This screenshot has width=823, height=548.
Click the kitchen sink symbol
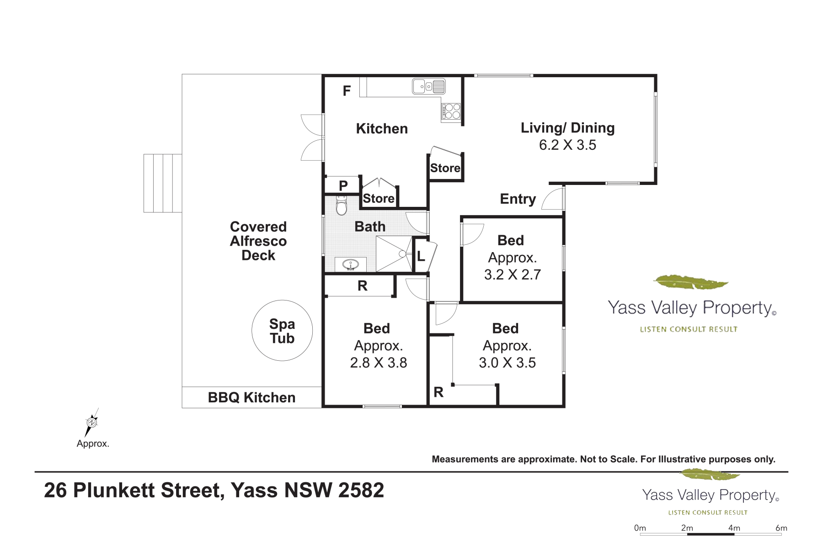[429, 86]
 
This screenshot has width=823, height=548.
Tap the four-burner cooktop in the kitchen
[451, 111]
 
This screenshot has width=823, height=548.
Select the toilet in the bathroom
[342, 205]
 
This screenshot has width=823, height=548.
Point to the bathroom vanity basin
[351, 264]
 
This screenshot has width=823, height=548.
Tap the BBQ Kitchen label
[251, 397]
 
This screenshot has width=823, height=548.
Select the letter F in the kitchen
[347, 91]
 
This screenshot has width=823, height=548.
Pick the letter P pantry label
[343, 186]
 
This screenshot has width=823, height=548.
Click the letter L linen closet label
[421, 256]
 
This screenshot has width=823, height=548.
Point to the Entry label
[518, 199]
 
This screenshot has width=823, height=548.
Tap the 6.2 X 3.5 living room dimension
[567, 145]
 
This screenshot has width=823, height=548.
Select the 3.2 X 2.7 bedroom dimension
[513, 274]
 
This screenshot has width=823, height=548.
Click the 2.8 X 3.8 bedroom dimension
[379, 363]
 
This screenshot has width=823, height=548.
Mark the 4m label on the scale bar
[734, 528]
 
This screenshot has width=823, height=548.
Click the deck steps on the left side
[163, 183]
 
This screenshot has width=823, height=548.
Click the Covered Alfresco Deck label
[258, 241]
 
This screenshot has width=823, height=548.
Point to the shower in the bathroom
[394, 254]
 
